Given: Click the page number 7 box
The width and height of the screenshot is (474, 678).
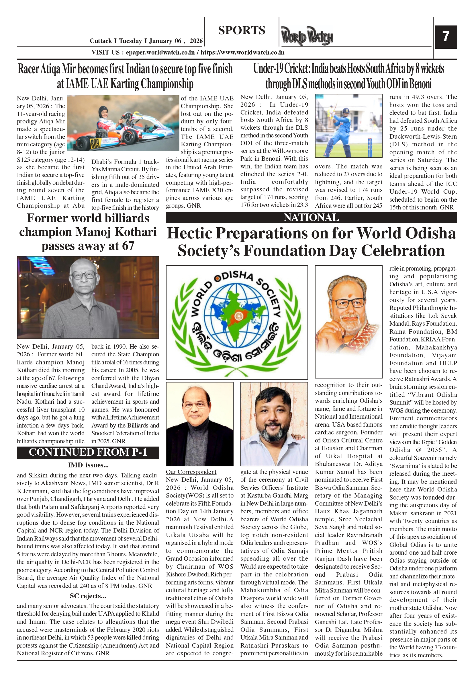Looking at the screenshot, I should click(446, 37).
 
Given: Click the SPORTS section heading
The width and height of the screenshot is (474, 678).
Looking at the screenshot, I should click(242, 30).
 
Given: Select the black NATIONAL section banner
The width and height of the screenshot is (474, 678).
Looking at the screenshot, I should click(311, 218).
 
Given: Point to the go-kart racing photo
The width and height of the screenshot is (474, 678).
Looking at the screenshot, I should click(123, 123).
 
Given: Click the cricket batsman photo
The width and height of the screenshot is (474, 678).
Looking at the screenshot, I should click(348, 125).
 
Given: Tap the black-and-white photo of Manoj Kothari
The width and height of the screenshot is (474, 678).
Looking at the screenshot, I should click(88, 297).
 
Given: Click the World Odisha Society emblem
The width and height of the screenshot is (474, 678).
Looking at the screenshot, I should click(237, 322).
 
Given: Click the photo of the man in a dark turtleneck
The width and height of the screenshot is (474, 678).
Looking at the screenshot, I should click(199, 424).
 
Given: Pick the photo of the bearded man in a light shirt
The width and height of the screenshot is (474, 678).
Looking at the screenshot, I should click(274, 424).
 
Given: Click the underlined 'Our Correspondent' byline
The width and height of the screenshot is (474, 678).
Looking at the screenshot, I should click(191, 472).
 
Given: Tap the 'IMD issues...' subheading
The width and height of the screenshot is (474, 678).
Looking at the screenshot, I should click(88, 465).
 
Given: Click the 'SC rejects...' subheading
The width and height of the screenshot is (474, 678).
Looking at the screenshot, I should click(88, 596).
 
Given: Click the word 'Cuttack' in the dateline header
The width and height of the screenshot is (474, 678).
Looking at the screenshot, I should click(101, 41).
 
